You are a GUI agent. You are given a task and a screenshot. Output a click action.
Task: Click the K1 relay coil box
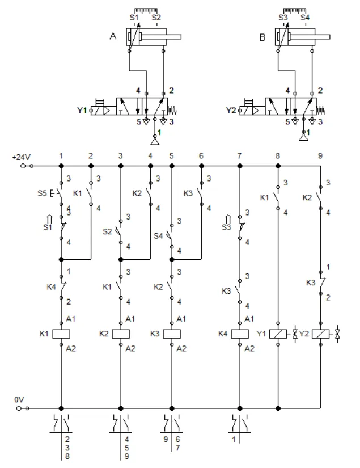[61, 334]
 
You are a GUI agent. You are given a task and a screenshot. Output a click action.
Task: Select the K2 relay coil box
[120, 334]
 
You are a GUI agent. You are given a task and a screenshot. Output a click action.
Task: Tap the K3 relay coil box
[171, 334]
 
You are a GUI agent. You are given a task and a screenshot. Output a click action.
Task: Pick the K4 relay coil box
[239, 334]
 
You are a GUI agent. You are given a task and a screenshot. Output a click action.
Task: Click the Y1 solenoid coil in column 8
[278, 334]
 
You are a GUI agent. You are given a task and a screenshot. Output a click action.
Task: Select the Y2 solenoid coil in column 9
[320, 334]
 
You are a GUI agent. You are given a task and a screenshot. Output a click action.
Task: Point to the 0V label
[19, 400]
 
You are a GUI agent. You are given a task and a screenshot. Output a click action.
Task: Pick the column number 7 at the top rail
[240, 155]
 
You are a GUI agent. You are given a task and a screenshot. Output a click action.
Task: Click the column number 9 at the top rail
[320, 155]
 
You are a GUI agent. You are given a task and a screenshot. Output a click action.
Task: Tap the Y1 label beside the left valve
[82, 110]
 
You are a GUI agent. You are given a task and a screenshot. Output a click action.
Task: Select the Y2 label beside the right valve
[230, 110]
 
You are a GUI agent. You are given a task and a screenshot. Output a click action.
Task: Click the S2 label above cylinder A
[156, 18]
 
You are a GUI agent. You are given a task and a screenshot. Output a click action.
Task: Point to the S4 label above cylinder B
[305, 18]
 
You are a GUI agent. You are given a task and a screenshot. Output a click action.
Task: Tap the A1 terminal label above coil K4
[249, 319]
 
